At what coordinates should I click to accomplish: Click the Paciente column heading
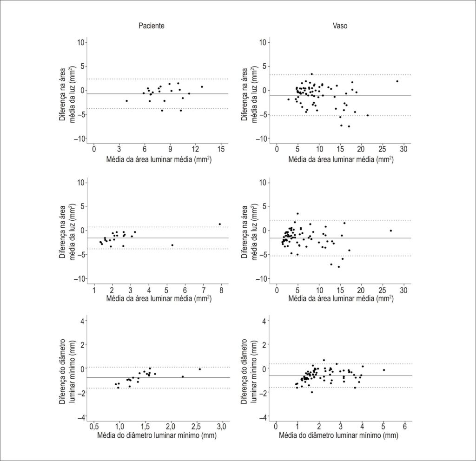tap(151, 26)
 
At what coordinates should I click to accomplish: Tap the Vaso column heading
tap(340, 26)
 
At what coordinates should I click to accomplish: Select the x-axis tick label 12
tap(196, 149)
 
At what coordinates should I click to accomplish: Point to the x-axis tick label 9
tap(170, 149)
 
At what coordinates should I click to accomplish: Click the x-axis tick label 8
tap(221, 290)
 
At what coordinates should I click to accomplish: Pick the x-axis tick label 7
tap(204, 290)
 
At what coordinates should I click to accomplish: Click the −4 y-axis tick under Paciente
tap(81, 418)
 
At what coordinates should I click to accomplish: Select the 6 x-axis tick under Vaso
tap(405, 426)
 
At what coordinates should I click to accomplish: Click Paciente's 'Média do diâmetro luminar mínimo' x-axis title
tap(157, 435)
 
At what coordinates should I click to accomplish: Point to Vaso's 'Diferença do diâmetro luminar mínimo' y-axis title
tap(249, 371)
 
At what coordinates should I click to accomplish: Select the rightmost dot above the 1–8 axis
tap(219, 224)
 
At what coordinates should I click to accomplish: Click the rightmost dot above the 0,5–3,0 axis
tap(200, 369)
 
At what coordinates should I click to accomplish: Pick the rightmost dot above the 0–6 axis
tap(383, 370)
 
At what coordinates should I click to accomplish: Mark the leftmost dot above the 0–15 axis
tap(126, 101)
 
